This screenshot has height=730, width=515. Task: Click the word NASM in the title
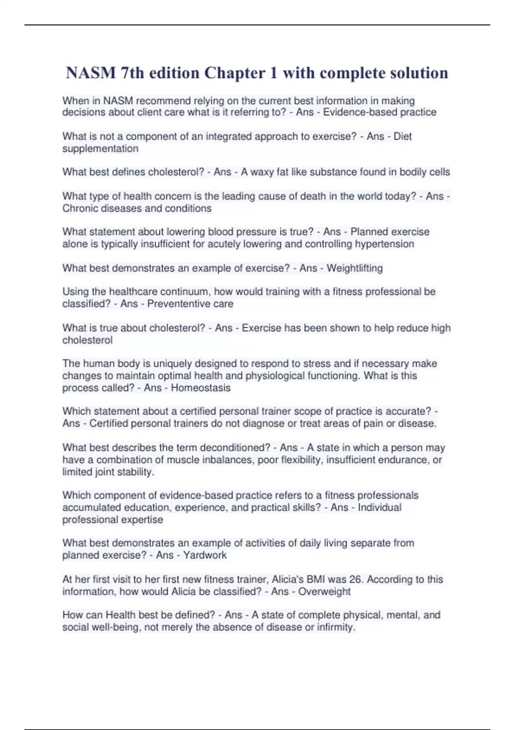(x=91, y=73)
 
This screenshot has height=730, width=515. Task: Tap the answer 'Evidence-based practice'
(x=379, y=113)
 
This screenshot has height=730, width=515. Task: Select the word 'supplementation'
(x=100, y=149)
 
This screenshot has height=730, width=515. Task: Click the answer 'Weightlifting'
(x=354, y=268)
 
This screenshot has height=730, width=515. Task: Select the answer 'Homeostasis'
(x=200, y=388)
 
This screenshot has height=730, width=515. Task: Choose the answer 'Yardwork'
(x=205, y=555)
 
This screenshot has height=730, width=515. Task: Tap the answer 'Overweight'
(x=324, y=592)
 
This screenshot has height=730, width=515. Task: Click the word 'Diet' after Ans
(x=402, y=137)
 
